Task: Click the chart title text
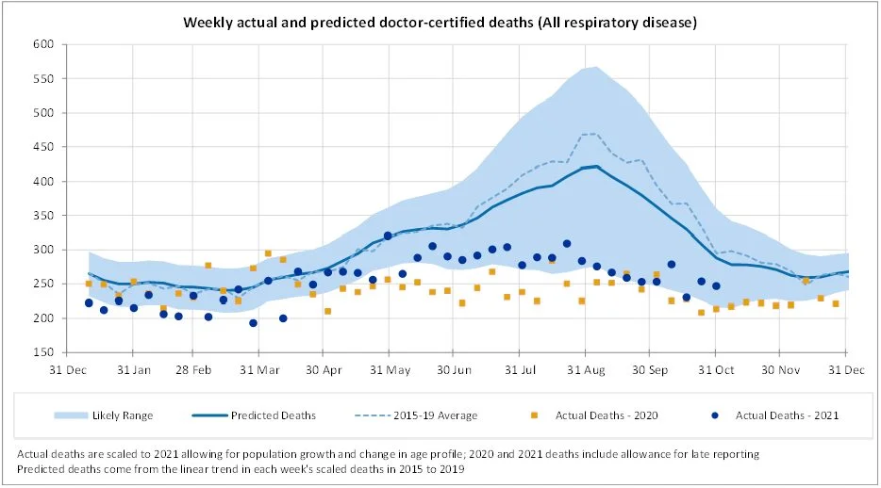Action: [x=440, y=21]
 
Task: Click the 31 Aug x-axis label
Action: [x=585, y=369]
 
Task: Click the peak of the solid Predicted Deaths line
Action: [x=595, y=166]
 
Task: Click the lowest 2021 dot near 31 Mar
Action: [x=253, y=323]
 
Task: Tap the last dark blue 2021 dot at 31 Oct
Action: [x=716, y=285]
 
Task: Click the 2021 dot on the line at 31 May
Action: [x=388, y=236]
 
